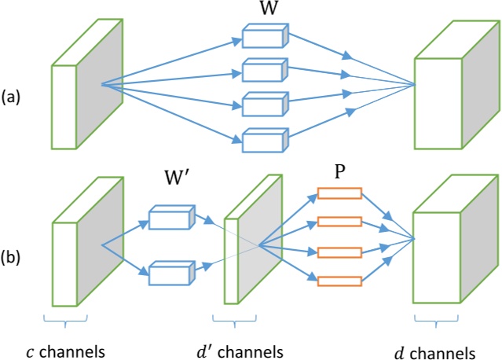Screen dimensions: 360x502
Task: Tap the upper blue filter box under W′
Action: coord(170,218)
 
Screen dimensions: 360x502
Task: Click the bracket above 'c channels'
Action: coord(66,319)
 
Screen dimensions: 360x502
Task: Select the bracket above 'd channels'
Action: coord(436,321)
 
